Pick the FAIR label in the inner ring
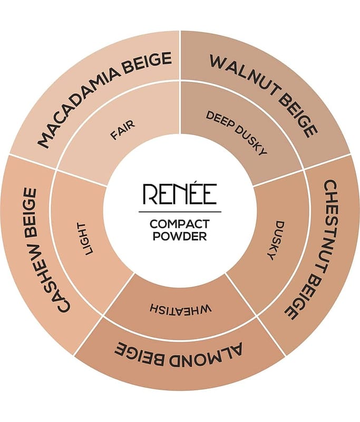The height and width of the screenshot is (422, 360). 123,130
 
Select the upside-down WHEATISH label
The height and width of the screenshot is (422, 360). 180,308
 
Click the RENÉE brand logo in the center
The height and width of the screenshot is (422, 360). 179,195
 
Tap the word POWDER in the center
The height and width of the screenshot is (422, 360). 179,236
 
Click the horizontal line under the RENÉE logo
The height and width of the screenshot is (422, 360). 179,211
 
